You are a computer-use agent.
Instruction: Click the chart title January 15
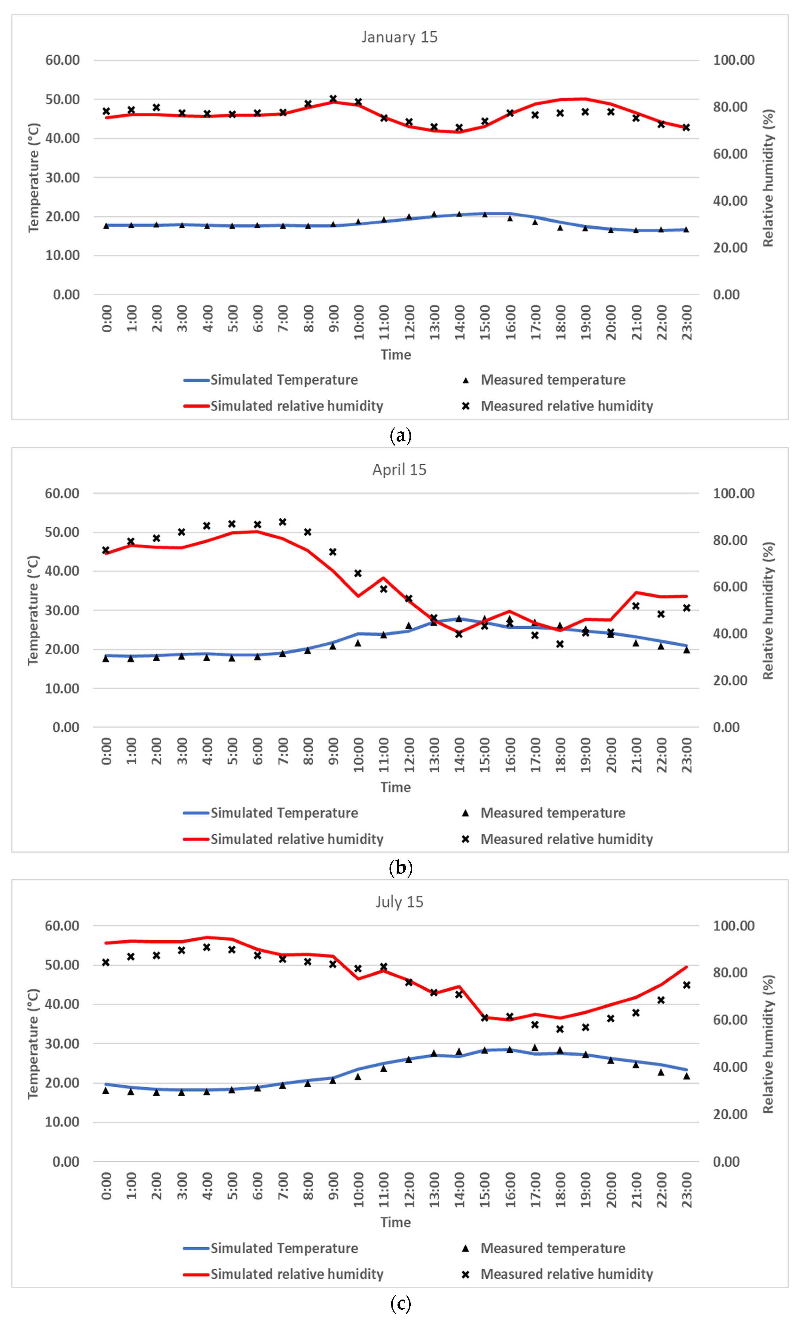[x=399, y=37]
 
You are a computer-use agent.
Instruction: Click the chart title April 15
[x=399, y=470]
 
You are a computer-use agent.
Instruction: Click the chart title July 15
[x=399, y=902]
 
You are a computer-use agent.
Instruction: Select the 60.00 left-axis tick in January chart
[x=63, y=60]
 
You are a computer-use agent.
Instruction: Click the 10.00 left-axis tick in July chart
[x=63, y=1122]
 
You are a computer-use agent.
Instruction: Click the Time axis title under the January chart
[x=396, y=355]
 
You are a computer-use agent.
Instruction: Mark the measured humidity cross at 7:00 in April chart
[x=283, y=522]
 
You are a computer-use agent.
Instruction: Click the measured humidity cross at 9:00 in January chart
[x=333, y=99]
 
